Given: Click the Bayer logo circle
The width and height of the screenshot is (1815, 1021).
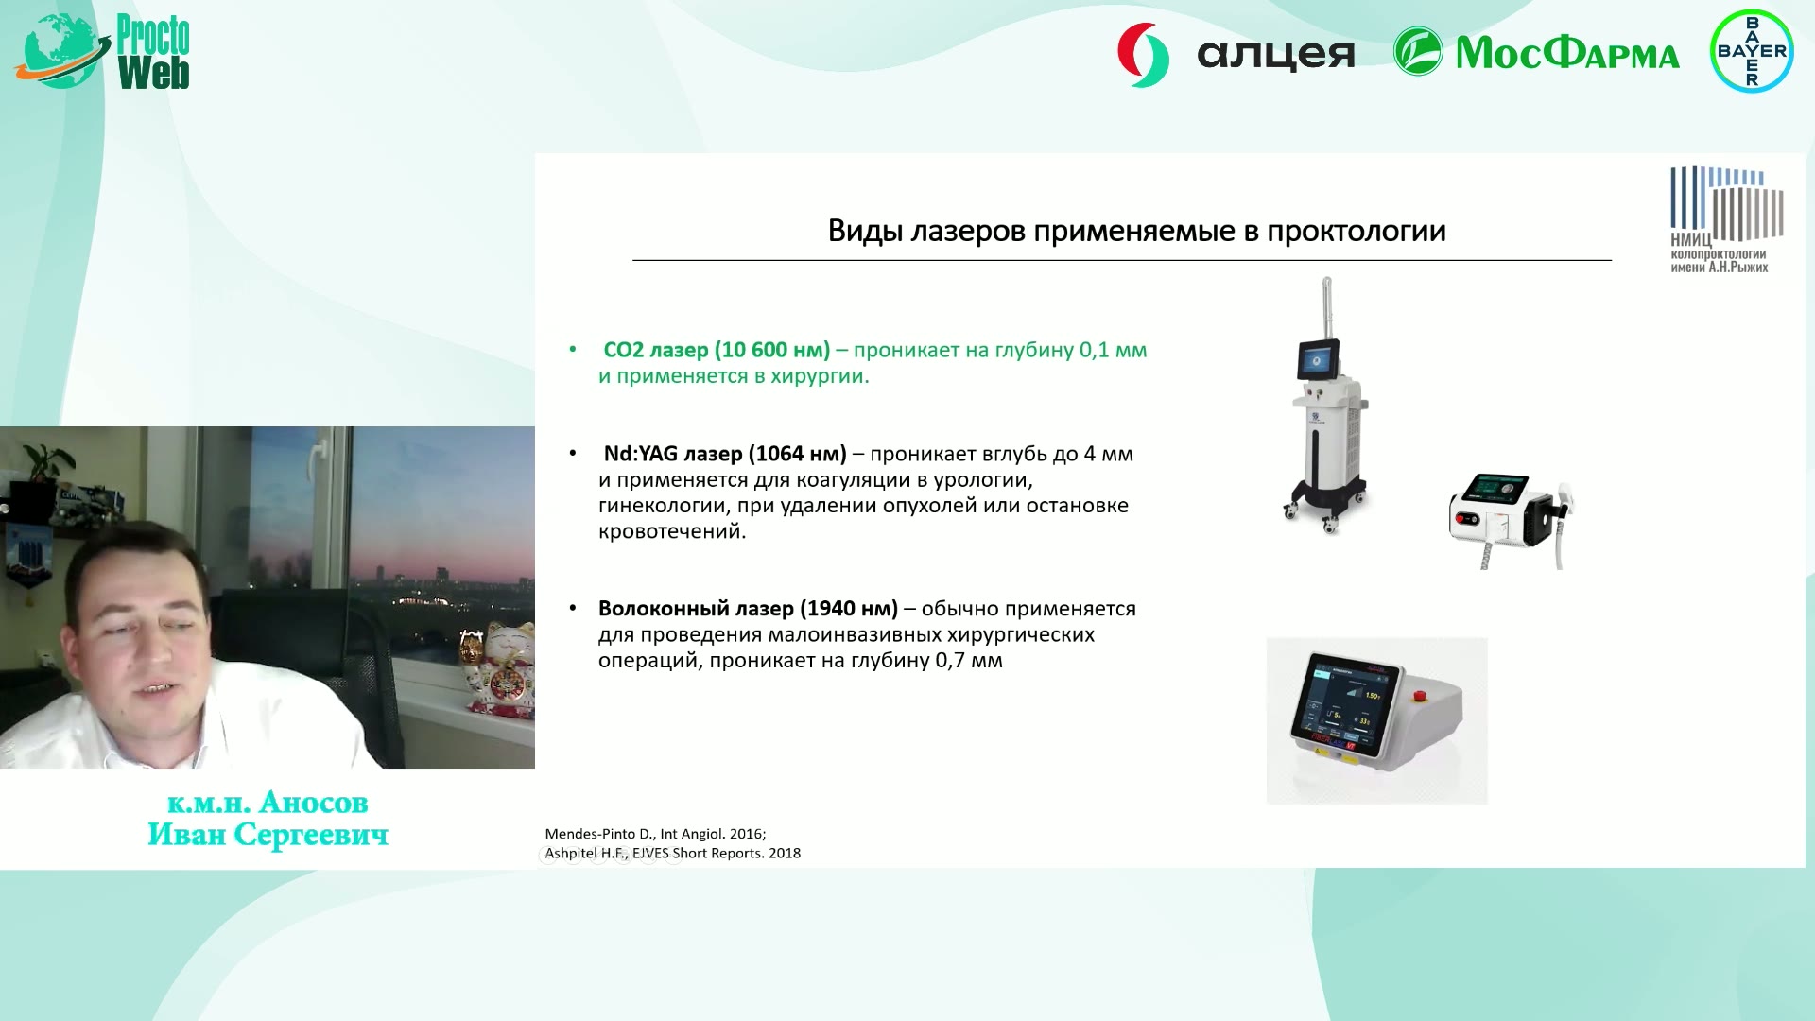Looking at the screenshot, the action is [1752, 51].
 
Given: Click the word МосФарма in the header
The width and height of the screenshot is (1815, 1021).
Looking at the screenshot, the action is [1567, 53].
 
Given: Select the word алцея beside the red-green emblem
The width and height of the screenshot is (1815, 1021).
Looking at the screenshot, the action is [1275, 55].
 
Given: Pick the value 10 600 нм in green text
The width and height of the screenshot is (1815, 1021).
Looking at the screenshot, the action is [771, 350].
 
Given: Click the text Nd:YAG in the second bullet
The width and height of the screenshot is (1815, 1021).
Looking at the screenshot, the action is [640, 454].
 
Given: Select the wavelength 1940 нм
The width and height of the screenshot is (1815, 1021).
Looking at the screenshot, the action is [849, 609].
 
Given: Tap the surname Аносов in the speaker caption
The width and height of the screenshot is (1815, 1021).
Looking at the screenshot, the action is [313, 803].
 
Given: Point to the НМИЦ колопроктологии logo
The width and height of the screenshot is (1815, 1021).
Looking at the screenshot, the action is [1726, 219].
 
